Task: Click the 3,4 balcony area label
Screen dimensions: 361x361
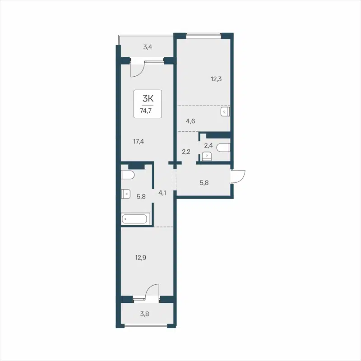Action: (148, 46)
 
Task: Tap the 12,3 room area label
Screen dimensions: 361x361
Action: (217, 79)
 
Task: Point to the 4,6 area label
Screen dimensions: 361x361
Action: (191, 120)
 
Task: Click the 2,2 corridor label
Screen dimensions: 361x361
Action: (186, 152)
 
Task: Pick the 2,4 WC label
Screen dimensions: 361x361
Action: (208, 145)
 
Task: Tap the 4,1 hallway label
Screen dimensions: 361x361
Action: (162, 193)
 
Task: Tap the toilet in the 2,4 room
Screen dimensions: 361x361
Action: (224, 148)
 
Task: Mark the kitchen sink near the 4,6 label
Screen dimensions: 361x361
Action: (225, 111)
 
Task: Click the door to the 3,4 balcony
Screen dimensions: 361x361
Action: (136, 68)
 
